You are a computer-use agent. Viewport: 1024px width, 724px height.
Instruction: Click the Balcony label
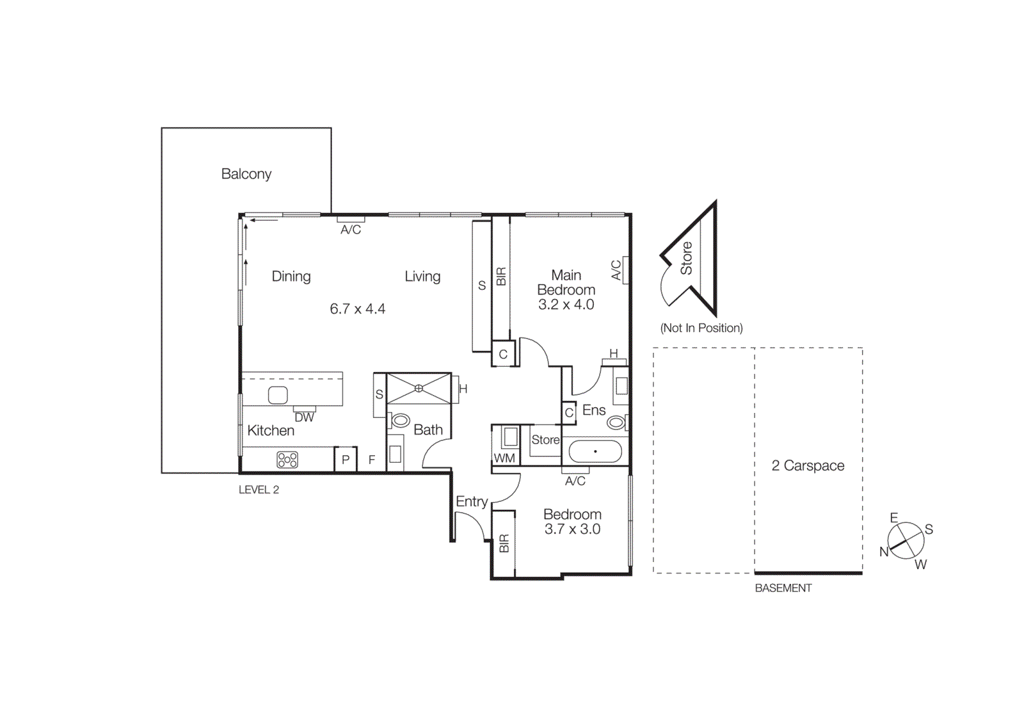click(246, 174)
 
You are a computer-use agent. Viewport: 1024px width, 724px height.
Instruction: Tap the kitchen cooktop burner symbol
click(287, 460)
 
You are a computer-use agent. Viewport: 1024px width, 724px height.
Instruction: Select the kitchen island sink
click(278, 396)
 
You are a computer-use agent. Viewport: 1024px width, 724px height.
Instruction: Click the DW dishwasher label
click(304, 417)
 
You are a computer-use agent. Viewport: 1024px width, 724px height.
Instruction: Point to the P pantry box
click(346, 459)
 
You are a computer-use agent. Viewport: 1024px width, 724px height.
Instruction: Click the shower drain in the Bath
click(419, 388)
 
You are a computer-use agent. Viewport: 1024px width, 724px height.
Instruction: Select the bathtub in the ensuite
click(595, 451)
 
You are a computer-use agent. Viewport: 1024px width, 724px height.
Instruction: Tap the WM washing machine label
click(504, 458)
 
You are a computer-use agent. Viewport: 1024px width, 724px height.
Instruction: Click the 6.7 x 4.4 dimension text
click(357, 309)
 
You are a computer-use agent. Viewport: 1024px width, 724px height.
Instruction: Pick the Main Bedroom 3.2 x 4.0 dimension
click(566, 305)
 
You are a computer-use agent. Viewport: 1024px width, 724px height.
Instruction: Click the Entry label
click(472, 501)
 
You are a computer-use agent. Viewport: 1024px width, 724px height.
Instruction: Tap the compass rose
click(906, 541)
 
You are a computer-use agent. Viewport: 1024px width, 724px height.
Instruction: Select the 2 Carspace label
click(808, 466)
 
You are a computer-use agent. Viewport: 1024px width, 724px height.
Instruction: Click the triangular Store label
click(686, 258)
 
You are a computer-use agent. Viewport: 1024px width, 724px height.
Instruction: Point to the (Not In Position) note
click(701, 328)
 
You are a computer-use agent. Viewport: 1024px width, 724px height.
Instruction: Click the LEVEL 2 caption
click(259, 490)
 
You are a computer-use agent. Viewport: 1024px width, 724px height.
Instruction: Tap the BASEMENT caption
click(783, 588)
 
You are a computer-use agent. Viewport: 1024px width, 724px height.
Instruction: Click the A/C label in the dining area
click(351, 230)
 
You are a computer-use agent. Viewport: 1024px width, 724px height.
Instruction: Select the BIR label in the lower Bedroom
click(504, 543)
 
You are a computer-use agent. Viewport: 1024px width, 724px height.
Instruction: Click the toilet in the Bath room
click(401, 421)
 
